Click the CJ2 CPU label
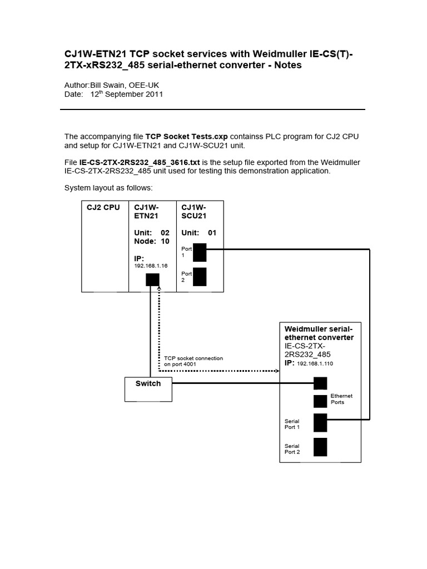coord(103,208)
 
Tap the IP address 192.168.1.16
coord(150,266)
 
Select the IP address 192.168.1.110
coord(315,363)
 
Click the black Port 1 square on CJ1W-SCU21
coord(200,252)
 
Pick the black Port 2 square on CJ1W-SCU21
coord(200,277)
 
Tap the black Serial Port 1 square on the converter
coord(320,423)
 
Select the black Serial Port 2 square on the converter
coord(320,447)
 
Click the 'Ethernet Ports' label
coord(341,399)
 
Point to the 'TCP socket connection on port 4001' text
coord(193,361)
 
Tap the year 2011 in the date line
coord(154,94)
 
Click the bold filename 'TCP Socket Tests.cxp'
coord(187,136)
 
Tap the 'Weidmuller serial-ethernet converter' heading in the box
coord(319,333)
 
